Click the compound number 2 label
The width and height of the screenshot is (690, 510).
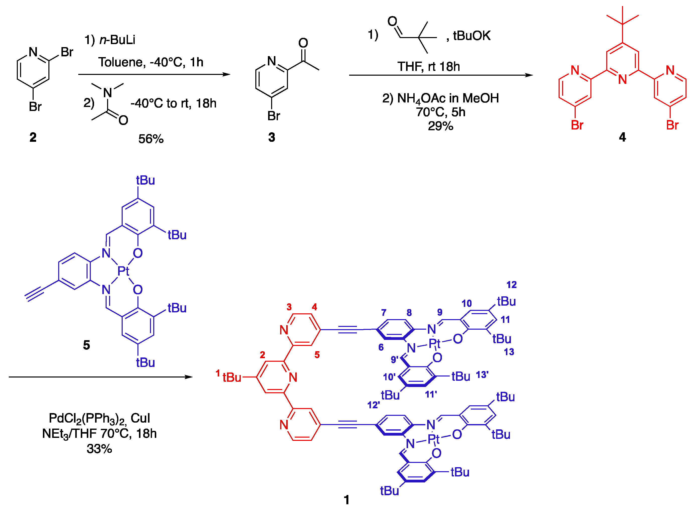point(33,137)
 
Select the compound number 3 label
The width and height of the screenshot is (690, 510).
point(271,137)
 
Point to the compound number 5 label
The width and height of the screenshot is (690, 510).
point(86,345)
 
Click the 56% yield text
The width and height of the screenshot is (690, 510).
point(151,139)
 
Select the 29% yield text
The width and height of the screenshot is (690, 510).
point(440,126)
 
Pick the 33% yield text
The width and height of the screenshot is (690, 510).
point(99,449)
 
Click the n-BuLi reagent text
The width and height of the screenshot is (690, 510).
point(117,40)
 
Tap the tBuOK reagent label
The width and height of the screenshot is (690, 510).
point(472,36)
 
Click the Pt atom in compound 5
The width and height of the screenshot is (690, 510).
point(123,271)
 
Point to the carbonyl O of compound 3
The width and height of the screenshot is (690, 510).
point(303,43)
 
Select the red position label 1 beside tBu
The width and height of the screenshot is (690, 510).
point(218,373)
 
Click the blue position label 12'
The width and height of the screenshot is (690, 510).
point(373,405)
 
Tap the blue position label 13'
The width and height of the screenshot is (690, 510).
point(482,375)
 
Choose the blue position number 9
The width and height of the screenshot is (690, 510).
point(440,312)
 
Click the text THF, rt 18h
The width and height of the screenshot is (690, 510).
point(428,66)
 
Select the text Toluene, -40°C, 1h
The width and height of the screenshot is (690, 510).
point(151,62)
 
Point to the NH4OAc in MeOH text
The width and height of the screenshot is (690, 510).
point(440,98)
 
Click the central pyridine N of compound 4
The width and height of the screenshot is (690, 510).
point(622,80)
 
